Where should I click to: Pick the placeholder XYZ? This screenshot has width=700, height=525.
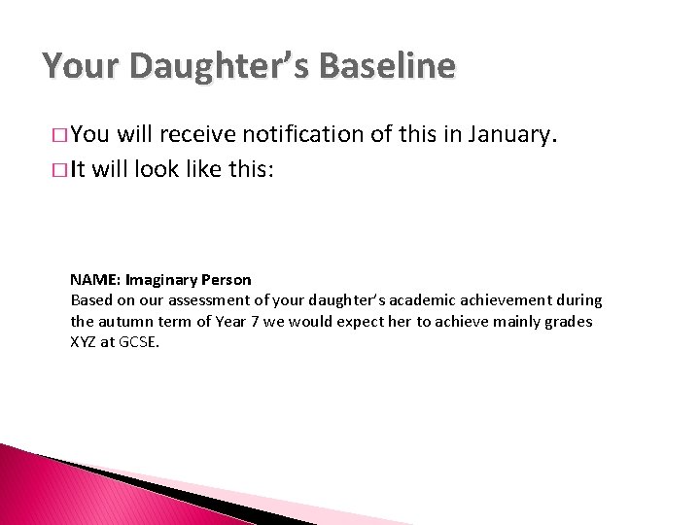pos(85,341)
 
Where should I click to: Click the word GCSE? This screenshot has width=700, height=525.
pos(139,341)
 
